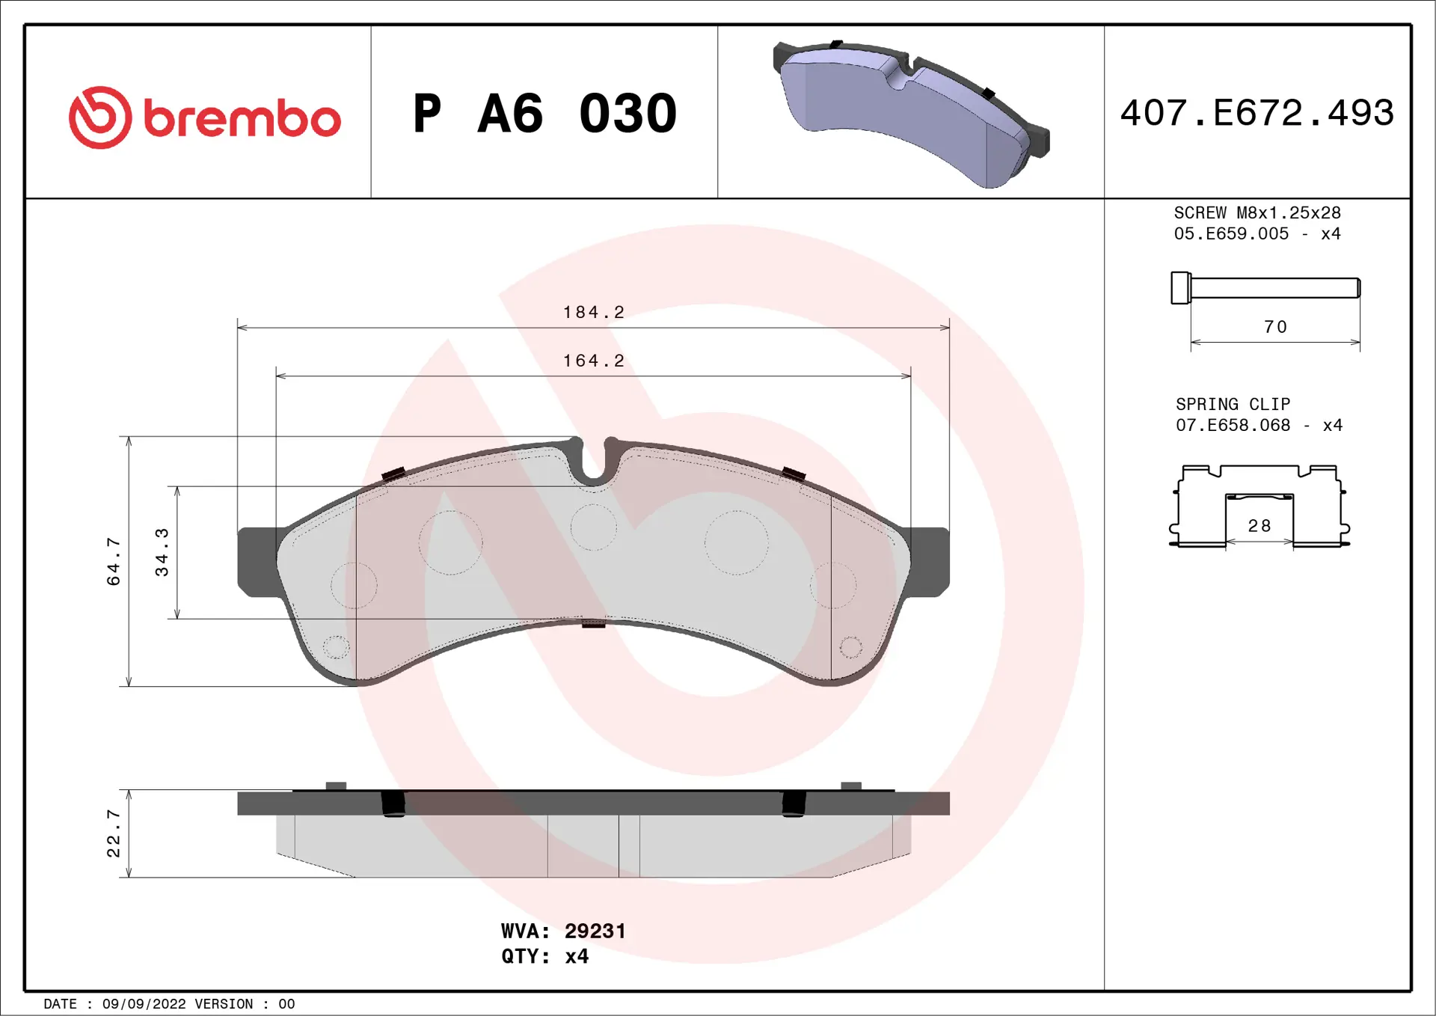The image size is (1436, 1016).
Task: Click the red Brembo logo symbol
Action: point(100,117)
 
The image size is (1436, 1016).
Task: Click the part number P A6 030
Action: point(544,114)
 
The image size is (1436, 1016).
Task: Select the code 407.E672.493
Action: point(1256,114)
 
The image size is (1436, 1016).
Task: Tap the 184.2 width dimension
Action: point(593,312)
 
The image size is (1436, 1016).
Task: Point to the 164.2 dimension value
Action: point(593,361)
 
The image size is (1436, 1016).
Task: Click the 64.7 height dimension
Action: point(114,561)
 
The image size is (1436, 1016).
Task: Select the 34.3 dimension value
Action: point(162,552)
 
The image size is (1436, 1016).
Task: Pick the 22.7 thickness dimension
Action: point(114,833)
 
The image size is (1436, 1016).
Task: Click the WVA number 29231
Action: point(595,931)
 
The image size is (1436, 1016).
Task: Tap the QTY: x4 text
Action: point(544,956)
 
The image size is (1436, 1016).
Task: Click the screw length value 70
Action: point(1275,327)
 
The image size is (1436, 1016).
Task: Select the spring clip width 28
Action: point(1259,526)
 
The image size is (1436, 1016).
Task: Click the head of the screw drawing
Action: point(1180,288)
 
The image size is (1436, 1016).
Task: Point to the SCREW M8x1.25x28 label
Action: point(1256,213)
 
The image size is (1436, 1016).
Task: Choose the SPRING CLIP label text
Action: point(1233,405)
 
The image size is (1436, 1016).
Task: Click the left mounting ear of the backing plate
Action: point(257,561)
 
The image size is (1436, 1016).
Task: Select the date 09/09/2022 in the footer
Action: point(144,1004)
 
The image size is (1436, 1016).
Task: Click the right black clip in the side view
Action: point(793,804)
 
